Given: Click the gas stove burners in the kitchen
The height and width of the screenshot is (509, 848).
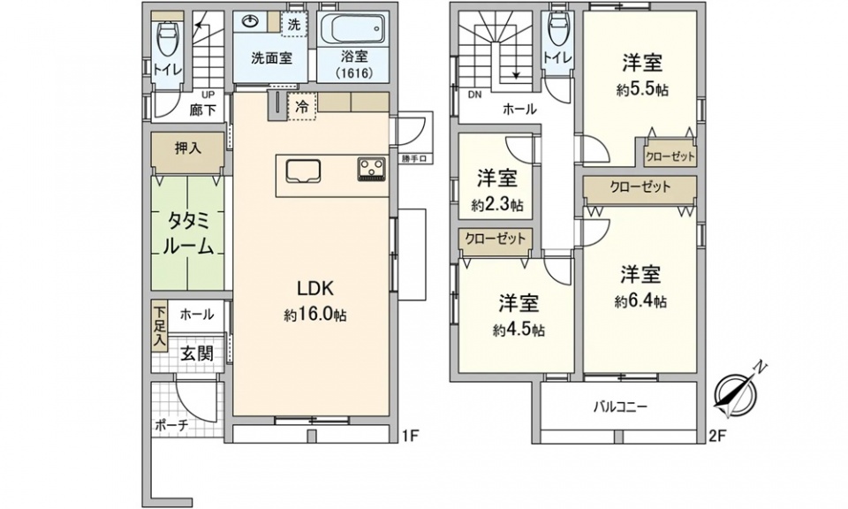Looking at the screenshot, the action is [x=371, y=169].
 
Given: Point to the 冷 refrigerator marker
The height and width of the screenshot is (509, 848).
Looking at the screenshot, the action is [x=302, y=107].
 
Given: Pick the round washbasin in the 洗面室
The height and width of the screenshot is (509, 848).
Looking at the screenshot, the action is [x=250, y=21].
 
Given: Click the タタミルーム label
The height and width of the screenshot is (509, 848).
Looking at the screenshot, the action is [x=187, y=233].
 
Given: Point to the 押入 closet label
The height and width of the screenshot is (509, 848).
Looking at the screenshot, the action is [x=187, y=148].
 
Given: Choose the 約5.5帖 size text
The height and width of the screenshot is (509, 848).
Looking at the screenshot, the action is [x=642, y=90].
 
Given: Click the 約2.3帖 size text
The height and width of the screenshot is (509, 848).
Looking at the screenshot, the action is [x=497, y=205].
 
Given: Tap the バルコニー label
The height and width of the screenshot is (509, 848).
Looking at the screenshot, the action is [x=620, y=406].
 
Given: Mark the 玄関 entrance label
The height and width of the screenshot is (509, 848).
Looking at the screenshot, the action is [x=196, y=353].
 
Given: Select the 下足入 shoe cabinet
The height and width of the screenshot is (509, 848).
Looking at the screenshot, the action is [x=160, y=327].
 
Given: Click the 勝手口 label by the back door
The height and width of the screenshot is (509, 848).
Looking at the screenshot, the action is [x=415, y=159].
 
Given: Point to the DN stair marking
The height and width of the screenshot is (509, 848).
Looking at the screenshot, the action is [x=474, y=95].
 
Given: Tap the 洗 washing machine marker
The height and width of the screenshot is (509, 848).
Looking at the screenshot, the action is [x=293, y=25].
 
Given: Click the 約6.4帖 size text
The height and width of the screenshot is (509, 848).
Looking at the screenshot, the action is [x=640, y=302].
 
